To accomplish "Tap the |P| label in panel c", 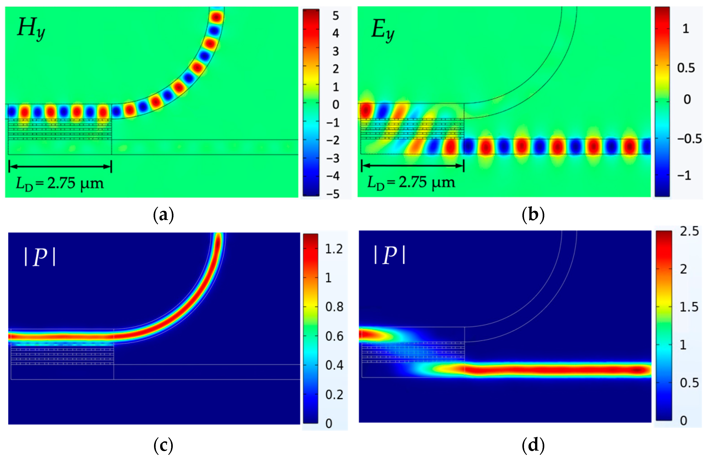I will tap(40, 257).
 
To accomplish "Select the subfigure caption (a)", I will tap(163, 215).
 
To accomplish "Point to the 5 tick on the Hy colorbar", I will tap(336, 16).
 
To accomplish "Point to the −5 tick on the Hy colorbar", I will tap(333, 194).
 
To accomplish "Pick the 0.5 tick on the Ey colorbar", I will tap(686, 68).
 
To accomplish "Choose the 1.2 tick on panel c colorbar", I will tap(334, 249).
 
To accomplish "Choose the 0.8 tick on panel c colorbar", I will tap(334, 307).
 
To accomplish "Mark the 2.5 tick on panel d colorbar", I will tap(689, 231).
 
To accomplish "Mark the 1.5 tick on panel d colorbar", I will tap(689, 307).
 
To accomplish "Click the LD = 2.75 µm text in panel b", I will tap(411, 183).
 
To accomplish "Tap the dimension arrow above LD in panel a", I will tap(60, 166).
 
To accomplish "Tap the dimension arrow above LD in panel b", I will tap(413, 166).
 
